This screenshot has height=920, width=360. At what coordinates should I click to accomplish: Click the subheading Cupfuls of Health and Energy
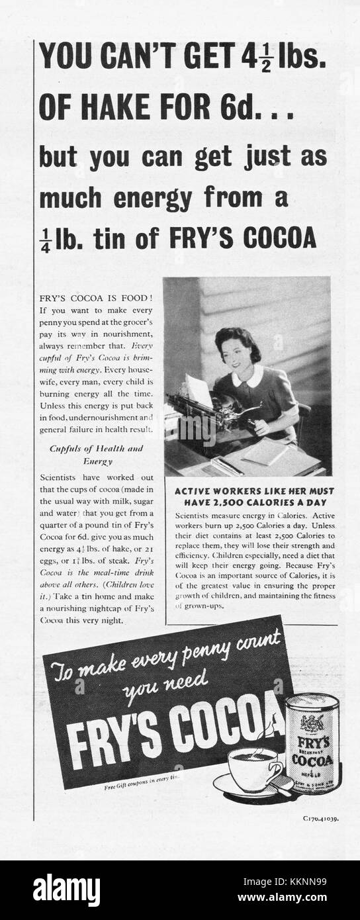coord(97,454)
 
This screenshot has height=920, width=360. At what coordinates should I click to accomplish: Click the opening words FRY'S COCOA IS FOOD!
coord(96,299)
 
